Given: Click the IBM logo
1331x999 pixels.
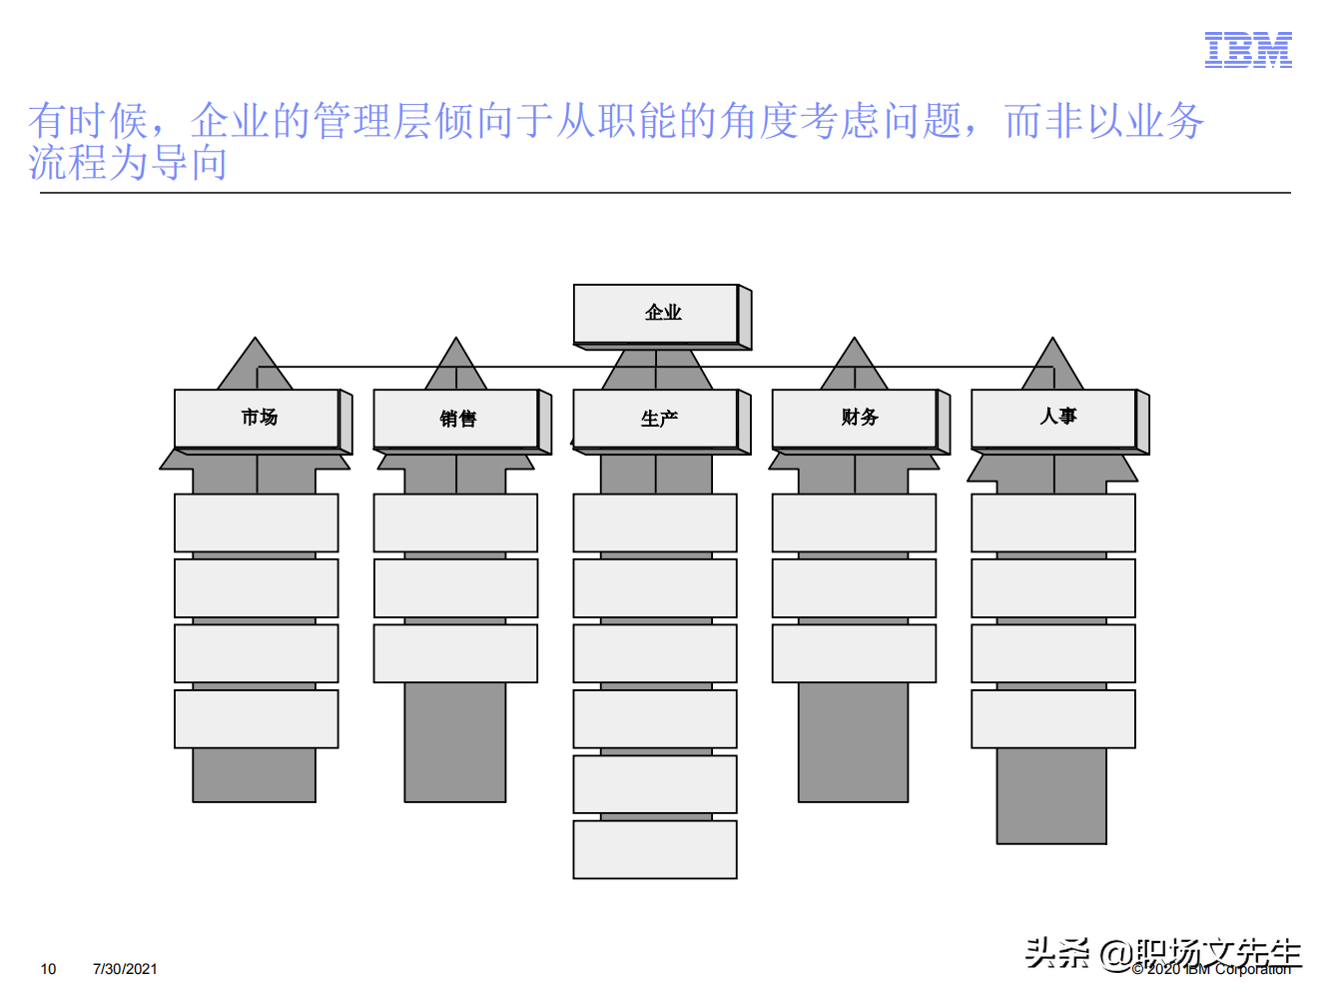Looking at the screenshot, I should coord(1248,49).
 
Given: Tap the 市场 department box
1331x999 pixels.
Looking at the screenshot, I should coord(258,419).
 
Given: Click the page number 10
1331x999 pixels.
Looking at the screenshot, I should coord(48,969).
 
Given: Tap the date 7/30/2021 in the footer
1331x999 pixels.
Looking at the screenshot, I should coord(125,969).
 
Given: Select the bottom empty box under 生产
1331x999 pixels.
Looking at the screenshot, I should coord(655,850).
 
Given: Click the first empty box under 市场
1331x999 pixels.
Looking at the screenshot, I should coord(257,522).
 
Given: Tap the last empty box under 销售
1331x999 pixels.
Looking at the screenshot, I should coord(455,653).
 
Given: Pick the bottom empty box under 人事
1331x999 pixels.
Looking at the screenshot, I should coord(1053,719).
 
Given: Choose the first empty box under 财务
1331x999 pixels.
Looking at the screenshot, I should coord(854,522).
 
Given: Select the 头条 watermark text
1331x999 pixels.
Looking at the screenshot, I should coord(1056,953).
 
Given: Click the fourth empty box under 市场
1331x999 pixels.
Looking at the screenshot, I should coord(257,719).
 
